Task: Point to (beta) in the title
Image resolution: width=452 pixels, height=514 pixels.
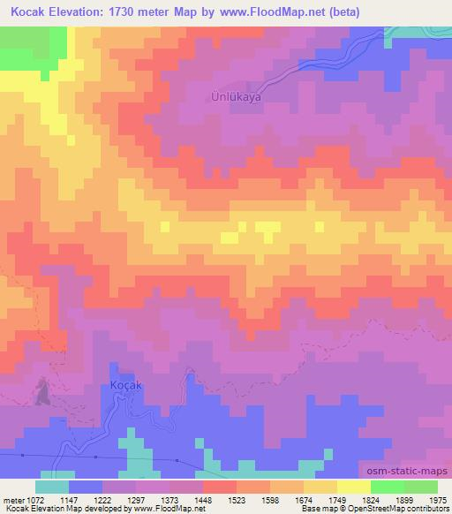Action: click(414, 11)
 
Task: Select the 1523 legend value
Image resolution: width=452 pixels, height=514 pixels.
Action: click(219, 499)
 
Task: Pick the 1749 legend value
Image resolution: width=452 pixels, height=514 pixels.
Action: click(320, 499)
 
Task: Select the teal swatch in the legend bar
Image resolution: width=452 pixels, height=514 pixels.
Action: click(52, 487)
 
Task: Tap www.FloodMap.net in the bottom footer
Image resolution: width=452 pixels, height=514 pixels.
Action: click(166, 509)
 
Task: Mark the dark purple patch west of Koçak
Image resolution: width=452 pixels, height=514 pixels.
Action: click(41, 392)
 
